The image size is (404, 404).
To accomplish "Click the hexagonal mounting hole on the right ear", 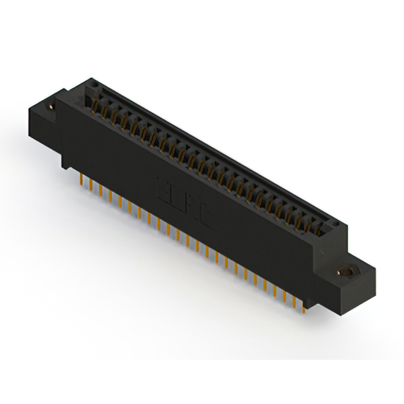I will pos(345,273).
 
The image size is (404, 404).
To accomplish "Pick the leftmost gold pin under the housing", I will pos(82,180).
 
